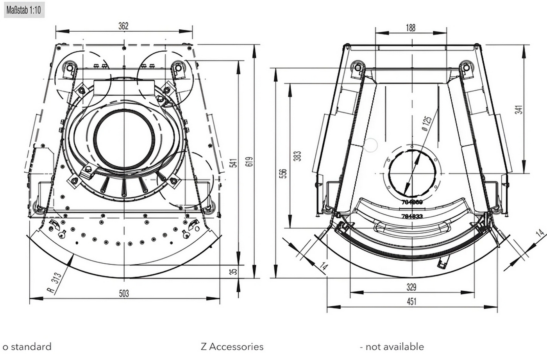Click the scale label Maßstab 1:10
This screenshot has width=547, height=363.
click(24, 9)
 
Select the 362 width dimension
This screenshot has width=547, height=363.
click(123, 26)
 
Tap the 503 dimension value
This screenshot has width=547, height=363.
click(124, 293)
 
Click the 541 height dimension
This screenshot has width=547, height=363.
click(233, 163)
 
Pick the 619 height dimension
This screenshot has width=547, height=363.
click(250, 161)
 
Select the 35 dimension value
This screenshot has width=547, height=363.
click(233, 271)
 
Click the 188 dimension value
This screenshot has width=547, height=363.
click(411, 28)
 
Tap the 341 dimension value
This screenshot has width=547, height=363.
click(518, 109)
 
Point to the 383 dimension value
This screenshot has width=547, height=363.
click(298, 156)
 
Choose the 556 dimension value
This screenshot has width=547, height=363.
click(283, 173)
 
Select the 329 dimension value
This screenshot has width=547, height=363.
click(411, 287)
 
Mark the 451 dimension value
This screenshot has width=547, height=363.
click(411, 301)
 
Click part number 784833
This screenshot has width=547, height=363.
click(412, 216)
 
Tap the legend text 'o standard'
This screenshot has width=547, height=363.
click(27, 347)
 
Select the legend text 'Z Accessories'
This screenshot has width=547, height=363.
click(232, 347)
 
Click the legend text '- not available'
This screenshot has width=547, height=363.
click(391, 347)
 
